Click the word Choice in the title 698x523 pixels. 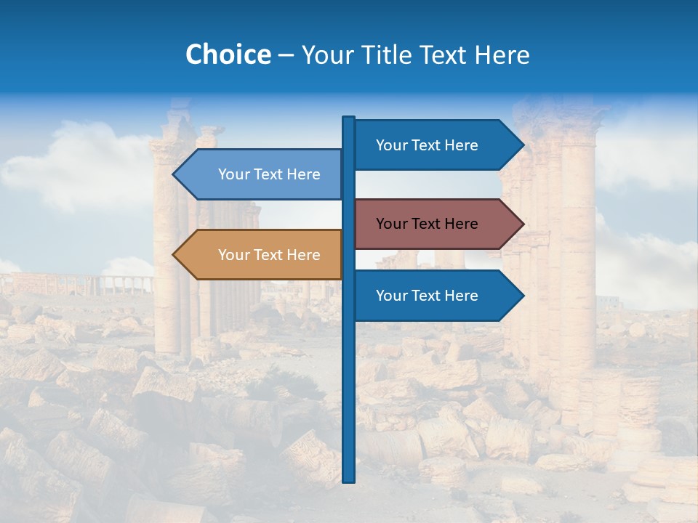(228, 54)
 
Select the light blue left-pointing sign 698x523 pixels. (262, 174)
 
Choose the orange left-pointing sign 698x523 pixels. (262, 255)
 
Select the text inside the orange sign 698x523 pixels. (269, 255)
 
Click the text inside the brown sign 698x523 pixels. (427, 224)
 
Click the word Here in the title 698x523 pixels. (502, 54)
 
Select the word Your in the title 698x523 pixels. (326, 54)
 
